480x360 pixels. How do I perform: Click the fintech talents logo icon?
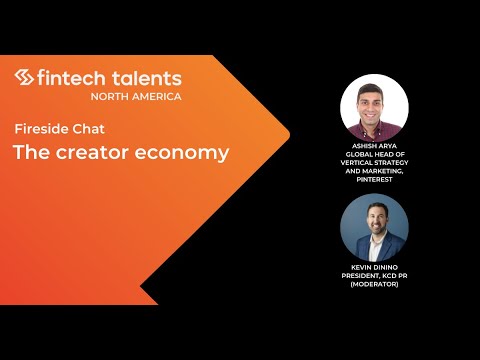(x=25, y=78)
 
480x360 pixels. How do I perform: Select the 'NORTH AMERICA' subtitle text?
(x=136, y=96)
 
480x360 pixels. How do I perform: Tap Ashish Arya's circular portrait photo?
(x=374, y=109)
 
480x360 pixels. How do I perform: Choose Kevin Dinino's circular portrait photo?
(x=374, y=227)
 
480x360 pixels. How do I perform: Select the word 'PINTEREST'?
(x=374, y=179)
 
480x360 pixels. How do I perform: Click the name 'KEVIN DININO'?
(x=374, y=267)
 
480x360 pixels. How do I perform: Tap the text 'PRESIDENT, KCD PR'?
(x=374, y=275)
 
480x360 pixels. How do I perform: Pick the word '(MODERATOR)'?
(x=374, y=283)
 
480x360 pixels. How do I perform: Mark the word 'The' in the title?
(x=26, y=153)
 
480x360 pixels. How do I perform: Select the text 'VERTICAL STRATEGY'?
(x=374, y=164)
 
